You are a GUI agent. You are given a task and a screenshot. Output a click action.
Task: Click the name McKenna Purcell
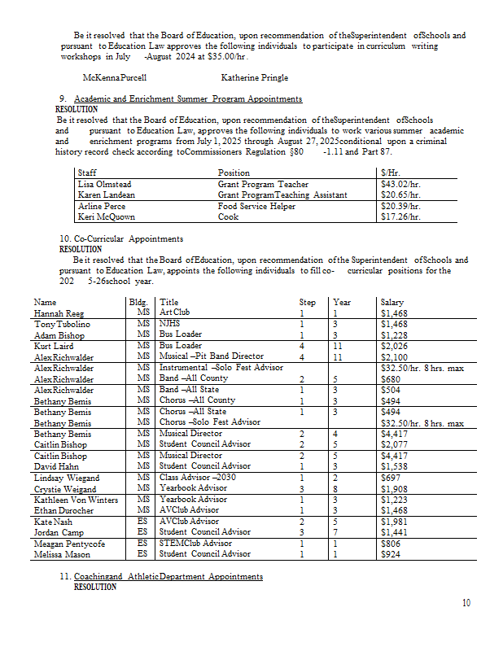pos(115,78)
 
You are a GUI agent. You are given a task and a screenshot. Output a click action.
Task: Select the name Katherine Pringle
pos(254,78)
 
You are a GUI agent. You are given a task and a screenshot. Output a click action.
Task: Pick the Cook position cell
pos(229,217)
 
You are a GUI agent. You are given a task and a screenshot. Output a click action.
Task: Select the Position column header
pos(234,173)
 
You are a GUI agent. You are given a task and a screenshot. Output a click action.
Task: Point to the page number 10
pos(466,603)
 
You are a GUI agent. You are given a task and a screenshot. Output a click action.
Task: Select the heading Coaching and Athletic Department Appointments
pos(168,576)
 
